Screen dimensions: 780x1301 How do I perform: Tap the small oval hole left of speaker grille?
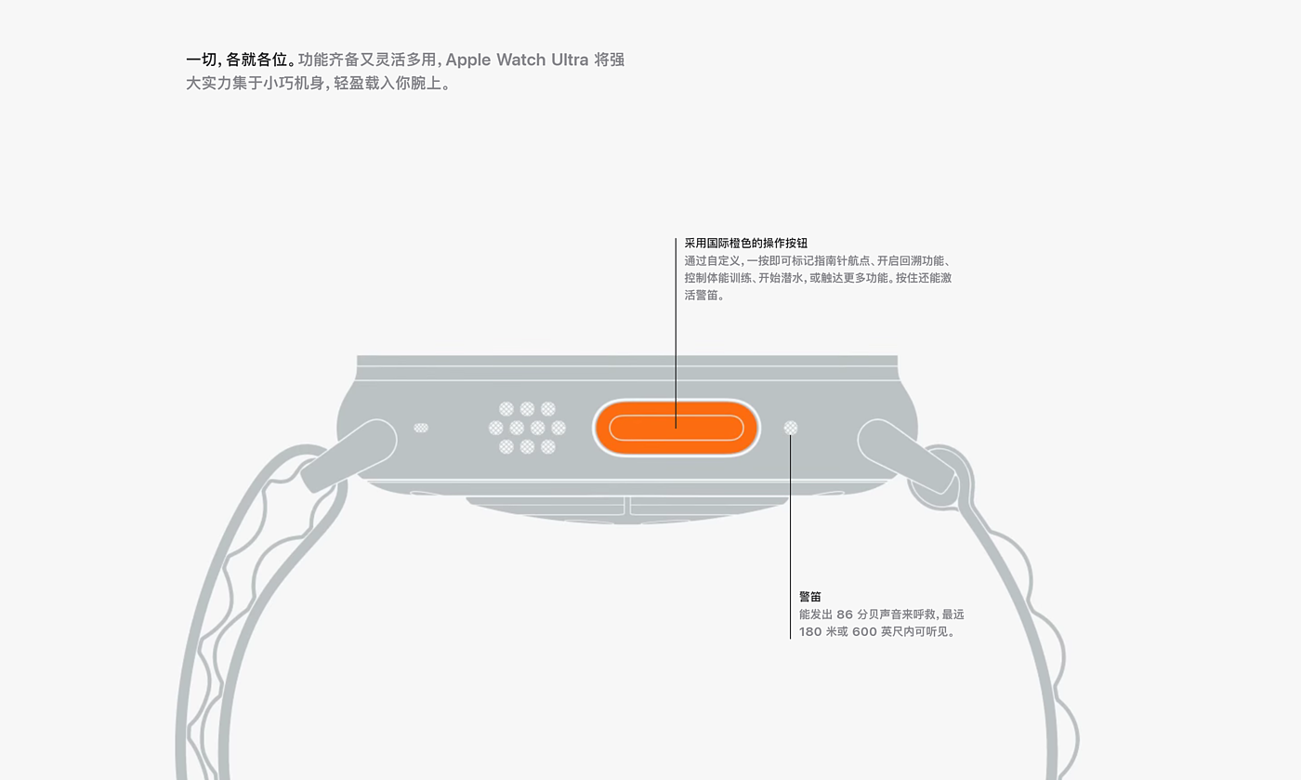pyautogui.click(x=421, y=428)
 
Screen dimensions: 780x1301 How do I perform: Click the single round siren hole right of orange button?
pyautogui.click(x=791, y=428)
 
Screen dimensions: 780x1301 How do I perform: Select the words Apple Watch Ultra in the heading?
pyautogui.click(x=517, y=59)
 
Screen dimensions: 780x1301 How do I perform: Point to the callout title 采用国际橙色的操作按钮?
pyautogui.click(x=745, y=243)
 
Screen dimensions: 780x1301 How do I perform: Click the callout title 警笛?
pyautogui.click(x=810, y=596)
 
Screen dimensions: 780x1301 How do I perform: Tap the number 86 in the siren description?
pyautogui.click(x=844, y=615)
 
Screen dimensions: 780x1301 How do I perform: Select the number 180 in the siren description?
pyautogui.click(x=810, y=632)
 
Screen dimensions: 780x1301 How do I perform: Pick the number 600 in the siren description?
pyautogui.click(x=864, y=632)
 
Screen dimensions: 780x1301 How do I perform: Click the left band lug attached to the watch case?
pyautogui.click(x=349, y=455)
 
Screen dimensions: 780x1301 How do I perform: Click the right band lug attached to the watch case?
pyautogui.click(x=905, y=455)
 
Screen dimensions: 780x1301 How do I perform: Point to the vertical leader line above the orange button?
pyautogui.click(x=676, y=325)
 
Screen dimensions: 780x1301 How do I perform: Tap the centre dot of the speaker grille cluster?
pyautogui.click(x=527, y=428)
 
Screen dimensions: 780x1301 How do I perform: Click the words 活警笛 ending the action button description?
pyautogui.click(x=703, y=296)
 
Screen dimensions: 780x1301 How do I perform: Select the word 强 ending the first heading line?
pyautogui.click(x=616, y=59)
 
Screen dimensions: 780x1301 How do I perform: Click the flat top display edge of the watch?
pyautogui.click(x=627, y=360)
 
